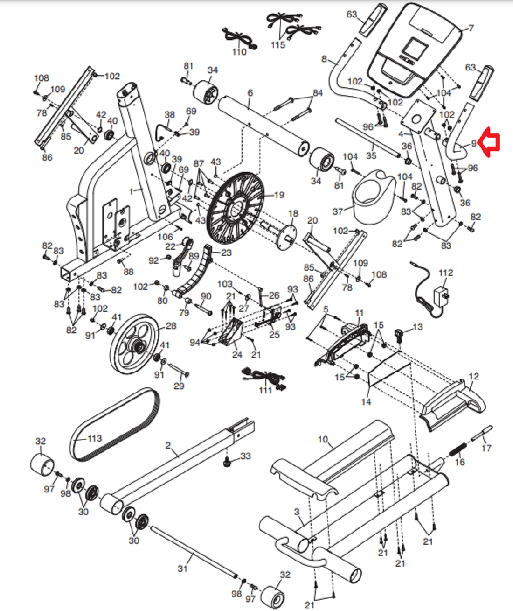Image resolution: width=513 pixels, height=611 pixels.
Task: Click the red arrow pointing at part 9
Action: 490,142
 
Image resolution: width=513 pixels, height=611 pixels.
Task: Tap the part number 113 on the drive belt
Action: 95,438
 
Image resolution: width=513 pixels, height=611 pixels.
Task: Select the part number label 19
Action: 279,195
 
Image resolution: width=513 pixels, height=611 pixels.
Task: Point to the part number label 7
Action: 471,28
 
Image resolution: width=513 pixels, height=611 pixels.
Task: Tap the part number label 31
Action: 182,569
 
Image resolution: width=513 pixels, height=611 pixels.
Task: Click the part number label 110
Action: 239,52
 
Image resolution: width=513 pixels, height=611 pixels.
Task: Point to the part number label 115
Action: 277,45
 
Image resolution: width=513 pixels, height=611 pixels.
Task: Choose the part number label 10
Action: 323,439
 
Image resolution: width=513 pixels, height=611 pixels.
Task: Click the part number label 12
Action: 473,376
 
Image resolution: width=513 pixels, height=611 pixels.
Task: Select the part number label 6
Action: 250,93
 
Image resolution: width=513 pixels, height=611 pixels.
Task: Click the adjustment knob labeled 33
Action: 227,463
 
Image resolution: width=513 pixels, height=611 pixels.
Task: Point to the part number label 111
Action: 265,390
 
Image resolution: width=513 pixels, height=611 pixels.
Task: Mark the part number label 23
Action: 226,253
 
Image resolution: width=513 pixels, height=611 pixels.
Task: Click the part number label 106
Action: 165,237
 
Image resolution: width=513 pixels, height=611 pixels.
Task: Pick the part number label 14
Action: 366,402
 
